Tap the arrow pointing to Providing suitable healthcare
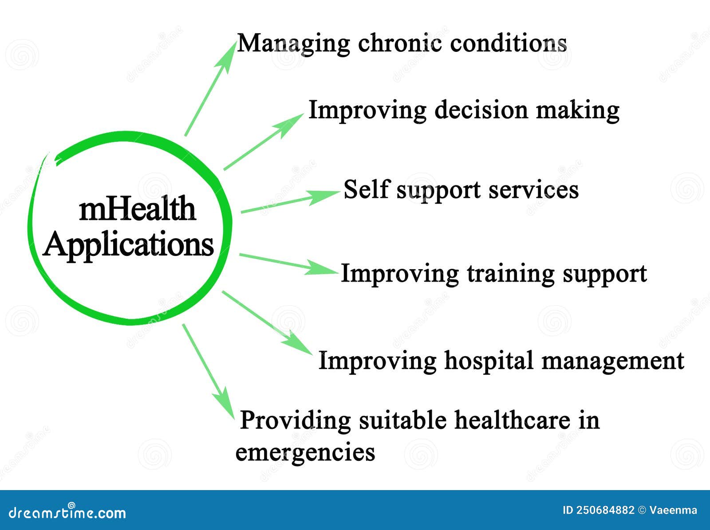click(209, 371)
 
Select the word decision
click(481, 110)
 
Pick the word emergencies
click(305, 452)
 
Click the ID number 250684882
click(605, 510)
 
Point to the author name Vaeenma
click(673, 510)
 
